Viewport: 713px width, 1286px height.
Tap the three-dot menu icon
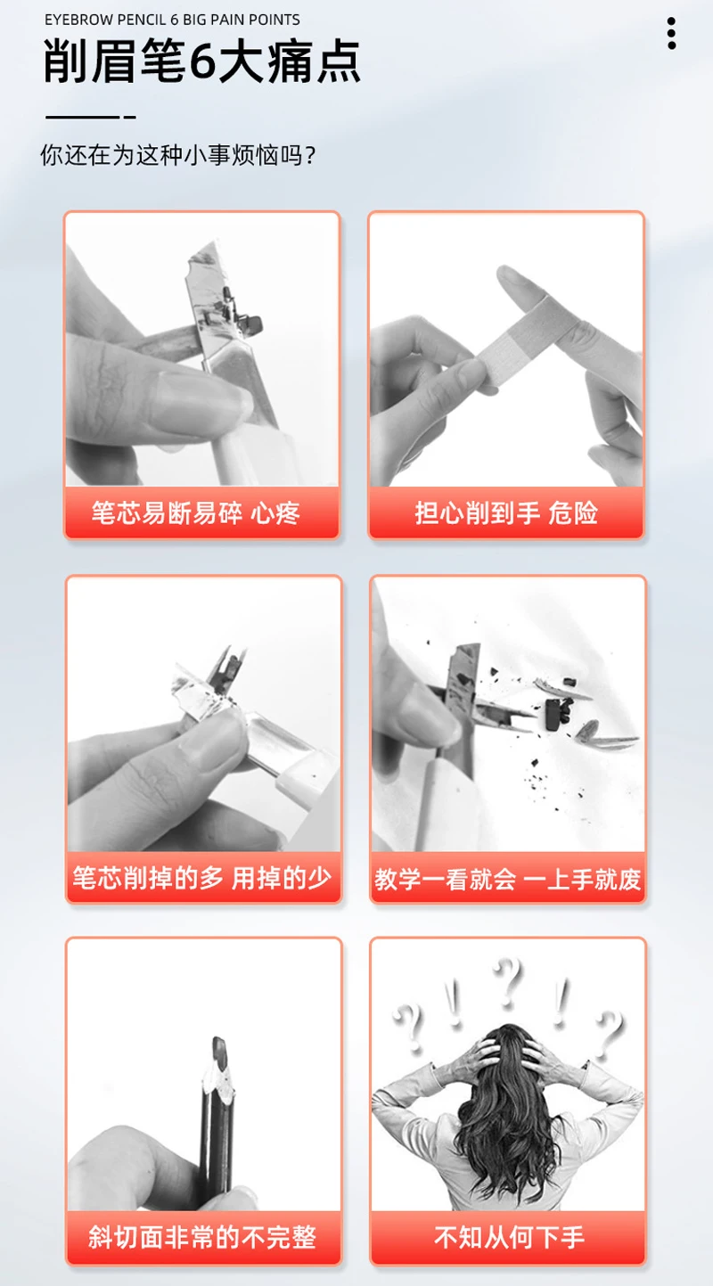pyautogui.click(x=671, y=33)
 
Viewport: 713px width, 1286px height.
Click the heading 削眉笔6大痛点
pyautogui.click(x=202, y=61)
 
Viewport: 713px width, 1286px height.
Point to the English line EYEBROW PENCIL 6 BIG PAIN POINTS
pyautogui.click(x=172, y=20)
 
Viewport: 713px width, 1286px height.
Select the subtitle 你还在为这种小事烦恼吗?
pyautogui.click(x=178, y=155)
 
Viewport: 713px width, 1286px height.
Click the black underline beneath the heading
pyautogui.click(x=91, y=117)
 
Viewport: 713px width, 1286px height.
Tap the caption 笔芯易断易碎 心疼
pyautogui.click(x=196, y=512)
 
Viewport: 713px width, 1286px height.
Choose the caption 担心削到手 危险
pyautogui.click(x=506, y=512)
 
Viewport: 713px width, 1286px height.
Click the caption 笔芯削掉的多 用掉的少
pyautogui.click(x=202, y=878)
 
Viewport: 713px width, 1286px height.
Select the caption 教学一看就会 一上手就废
pyautogui.click(x=508, y=879)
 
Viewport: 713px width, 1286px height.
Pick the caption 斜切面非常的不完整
pyautogui.click(x=202, y=1237)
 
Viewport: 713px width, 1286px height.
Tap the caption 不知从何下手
pyautogui.click(x=510, y=1237)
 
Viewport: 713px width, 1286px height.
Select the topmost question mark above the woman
pyautogui.click(x=508, y=979)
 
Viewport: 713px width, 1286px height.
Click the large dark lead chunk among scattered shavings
pyautogui.click(x=553, y=714)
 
